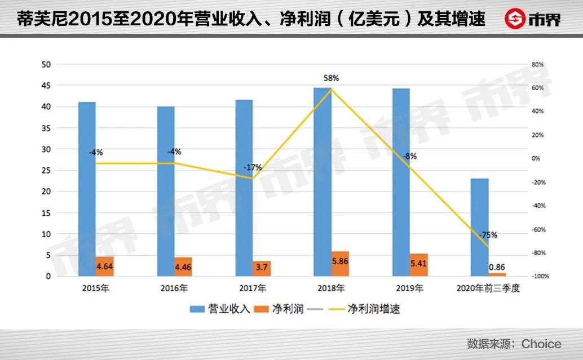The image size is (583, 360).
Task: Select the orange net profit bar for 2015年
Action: [x=105, y=266]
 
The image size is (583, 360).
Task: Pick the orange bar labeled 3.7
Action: [x=262, y=268]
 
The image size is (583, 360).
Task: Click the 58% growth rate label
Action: [x=332, y=78]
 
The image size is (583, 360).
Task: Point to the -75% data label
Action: [x=488, y=235]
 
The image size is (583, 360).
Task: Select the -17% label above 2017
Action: [x=253, y=167]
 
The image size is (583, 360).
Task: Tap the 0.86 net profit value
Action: [x=497, y=266]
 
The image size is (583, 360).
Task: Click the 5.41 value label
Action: [x=418, y=263]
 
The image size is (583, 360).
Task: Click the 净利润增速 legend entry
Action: [x=364, y=308]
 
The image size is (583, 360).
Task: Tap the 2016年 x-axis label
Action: [x=174, y=289]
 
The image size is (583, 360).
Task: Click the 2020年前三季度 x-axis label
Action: [x=488, y=289]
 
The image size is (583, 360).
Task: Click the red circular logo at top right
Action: [x=514, y=20]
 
